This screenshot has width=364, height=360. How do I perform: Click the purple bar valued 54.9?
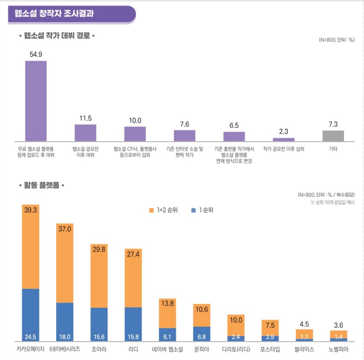(x=36, y=101)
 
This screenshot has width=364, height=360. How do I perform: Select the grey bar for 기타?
(x=333, y=136)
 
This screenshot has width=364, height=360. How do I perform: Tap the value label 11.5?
(x=86, y=118)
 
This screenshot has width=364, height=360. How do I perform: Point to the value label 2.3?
(x=284, y=132)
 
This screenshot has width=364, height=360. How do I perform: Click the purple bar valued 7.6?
(x=184, y=136)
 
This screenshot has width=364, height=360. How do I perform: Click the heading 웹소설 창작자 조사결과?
(x=55, y=13)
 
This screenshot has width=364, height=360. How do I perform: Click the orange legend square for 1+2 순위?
(x=151, y=210)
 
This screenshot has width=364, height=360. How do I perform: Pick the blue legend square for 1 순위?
(x=194, y=210)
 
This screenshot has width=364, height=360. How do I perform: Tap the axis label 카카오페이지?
(x=31, y=349)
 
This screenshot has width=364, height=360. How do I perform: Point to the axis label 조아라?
(x=99, y=349)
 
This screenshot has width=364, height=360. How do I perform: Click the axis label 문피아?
(x=202, y=349)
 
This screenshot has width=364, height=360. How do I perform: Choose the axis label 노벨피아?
(x=339, y=349)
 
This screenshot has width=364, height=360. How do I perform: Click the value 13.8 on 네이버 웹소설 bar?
(x=168, y=304)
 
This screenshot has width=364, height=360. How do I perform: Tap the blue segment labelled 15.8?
(x=133, y=324)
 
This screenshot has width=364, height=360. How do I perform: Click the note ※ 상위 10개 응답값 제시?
(x=332, y=202)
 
